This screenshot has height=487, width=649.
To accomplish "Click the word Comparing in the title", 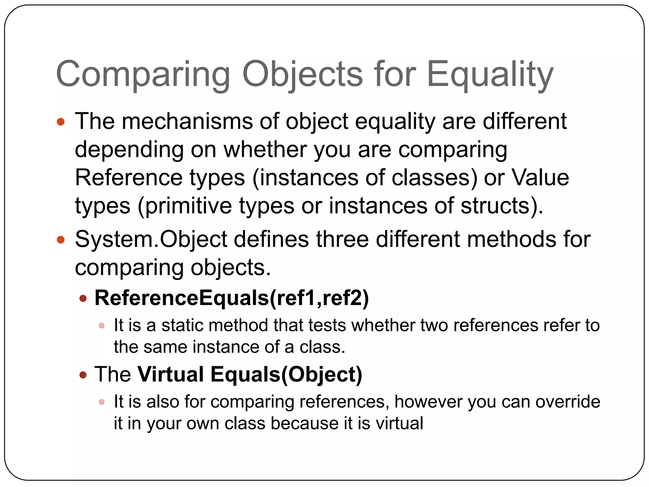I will click(143, 75).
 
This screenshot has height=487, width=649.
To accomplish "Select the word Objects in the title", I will click(303, 75).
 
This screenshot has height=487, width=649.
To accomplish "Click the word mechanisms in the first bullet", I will click(187, 121).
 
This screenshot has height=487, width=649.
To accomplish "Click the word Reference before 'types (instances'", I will click(128, 178).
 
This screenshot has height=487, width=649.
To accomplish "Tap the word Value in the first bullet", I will click(541, 178).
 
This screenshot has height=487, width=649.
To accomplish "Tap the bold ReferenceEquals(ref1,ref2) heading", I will click(232, 298).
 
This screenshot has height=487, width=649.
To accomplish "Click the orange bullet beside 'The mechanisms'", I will click(61, 122).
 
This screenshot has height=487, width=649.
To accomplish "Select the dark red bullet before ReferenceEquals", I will click(83, 299).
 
